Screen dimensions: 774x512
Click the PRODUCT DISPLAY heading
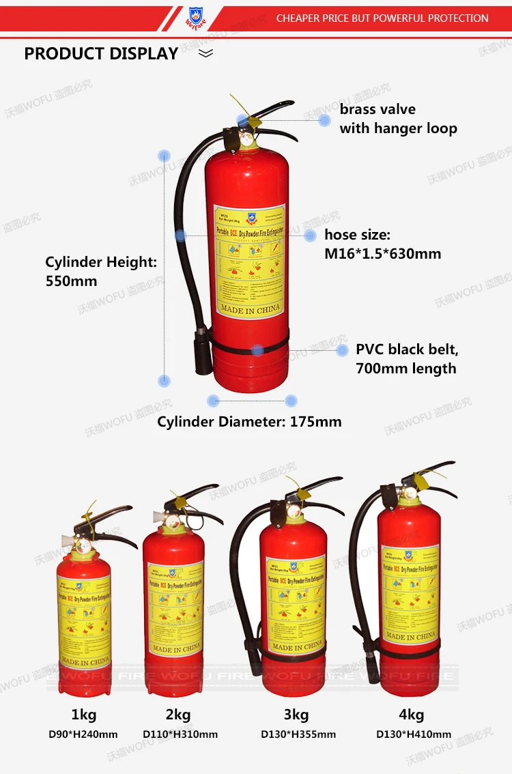(101, 54)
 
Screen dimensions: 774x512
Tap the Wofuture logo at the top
(195, 18)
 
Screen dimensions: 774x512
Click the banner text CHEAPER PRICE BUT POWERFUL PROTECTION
(382, 18)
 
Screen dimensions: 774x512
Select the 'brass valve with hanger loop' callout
(398, 119)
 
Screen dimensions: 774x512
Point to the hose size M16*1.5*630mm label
(382, 244)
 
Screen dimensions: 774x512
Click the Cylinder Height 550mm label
(101, 271)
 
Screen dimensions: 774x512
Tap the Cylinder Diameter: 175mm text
(249, 422)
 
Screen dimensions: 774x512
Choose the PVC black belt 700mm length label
(406, 359)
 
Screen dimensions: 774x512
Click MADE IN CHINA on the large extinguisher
(250, 310)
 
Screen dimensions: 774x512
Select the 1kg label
(83, 715)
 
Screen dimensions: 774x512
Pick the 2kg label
(179, 715)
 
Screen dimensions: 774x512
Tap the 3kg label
(296, 715)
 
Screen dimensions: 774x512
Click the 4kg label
(412, 715)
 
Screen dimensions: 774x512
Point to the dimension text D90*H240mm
(83, 734)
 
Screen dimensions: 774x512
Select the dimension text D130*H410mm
(414, 734)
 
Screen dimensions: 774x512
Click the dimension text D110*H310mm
(180, 734)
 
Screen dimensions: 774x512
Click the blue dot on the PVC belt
(257, 350)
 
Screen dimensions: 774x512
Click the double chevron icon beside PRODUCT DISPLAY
(205, 53)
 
